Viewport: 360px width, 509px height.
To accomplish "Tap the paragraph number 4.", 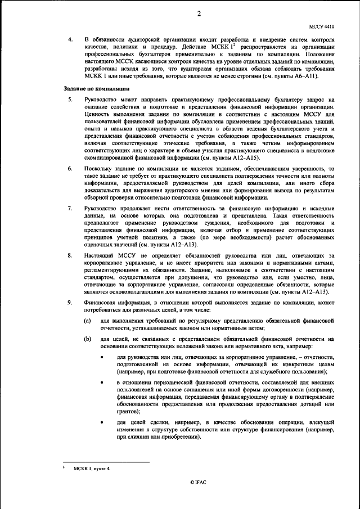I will coord(70,40).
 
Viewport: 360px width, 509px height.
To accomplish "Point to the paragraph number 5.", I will coord(70,100).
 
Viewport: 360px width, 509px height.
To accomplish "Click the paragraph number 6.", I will coord(70,169).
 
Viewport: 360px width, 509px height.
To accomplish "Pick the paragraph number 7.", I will coord(70,209).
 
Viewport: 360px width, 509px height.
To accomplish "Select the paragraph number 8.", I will coord(70,255).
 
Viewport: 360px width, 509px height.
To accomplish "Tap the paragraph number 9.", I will coord(70,303).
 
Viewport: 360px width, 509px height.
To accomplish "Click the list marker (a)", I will coord(88,320).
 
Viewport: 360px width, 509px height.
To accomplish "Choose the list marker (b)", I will coord(88,339).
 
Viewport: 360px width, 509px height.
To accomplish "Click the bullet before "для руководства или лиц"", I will coord(102,357).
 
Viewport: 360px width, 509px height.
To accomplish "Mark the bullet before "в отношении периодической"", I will coord(102,382).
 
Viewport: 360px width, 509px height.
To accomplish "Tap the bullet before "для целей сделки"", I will coord(102,421).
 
